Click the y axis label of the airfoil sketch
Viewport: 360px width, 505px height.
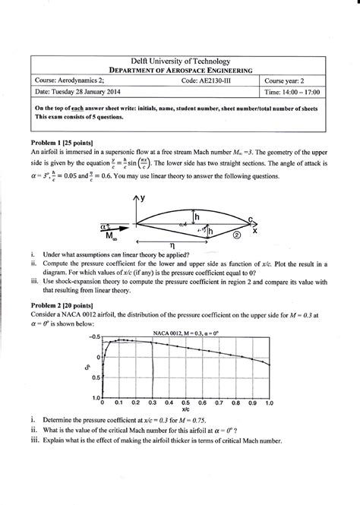145,198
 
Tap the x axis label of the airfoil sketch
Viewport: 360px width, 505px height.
254,230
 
